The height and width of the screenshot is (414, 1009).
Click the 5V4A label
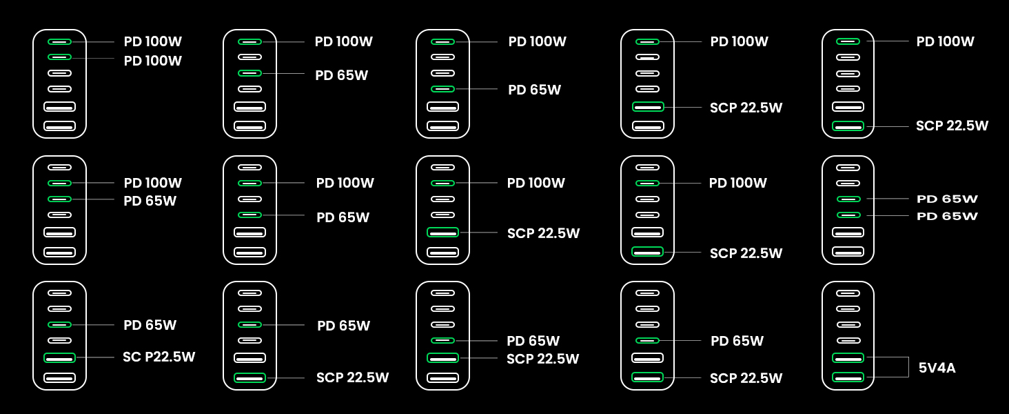(x=937, y=368)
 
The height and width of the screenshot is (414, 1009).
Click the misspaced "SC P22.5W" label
(x=159, y=357)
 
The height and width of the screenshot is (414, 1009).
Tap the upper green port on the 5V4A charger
(x=848, y=357)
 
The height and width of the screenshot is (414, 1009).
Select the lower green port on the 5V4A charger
(x=848, y=377)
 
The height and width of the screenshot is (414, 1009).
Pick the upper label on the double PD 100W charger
(x=152, y=41)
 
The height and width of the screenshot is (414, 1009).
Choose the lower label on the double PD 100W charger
(x=152, y=61)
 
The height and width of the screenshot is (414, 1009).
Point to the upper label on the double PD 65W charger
(x=947, y=199)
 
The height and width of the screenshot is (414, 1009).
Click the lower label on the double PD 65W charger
(x=947, y=217)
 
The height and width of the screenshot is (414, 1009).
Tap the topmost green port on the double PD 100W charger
(x=59, y=41)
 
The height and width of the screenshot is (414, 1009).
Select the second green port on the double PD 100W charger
(x=59, y=57)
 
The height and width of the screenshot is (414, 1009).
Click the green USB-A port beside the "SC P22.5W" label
(x=59, y=357)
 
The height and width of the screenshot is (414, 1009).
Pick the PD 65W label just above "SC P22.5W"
(x=150, y=325)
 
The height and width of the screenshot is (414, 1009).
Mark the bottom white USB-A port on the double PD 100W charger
(x=59, y=126)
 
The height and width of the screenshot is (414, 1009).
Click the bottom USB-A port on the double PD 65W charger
(x=848, y=252)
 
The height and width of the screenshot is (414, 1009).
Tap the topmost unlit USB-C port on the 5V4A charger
(x=848, y=293)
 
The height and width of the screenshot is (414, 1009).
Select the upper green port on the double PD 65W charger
(x=848, y=199)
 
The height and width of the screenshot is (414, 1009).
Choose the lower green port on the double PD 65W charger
(x=848, y=215)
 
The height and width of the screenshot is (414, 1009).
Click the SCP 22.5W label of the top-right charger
(x=952, y=126)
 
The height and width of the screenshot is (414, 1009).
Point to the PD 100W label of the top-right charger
(x=945, y=41)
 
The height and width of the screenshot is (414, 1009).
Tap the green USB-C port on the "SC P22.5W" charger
(x=59, y=324)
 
